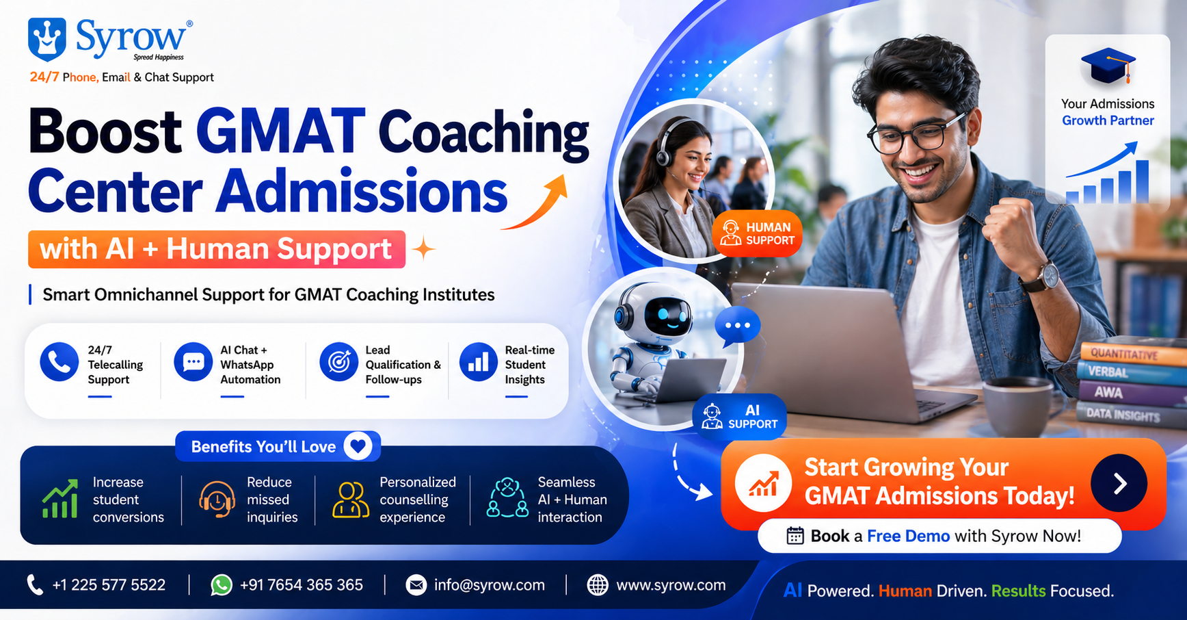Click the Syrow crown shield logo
(47, 39)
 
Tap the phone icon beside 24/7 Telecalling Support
(59, 362)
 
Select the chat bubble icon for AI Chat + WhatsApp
(193, 362)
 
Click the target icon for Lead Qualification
(339, 362)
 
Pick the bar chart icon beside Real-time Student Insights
(479, 362)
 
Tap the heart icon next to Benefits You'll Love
(358, 447)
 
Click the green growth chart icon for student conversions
(60, 499)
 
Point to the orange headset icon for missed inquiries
(217, 499)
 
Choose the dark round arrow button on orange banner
(1119, 483)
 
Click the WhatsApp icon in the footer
(221, 585)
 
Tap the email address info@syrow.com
(490, 585)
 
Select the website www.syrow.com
(671, 585)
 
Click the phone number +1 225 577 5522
(109, 585)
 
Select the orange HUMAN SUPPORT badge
(758, 234)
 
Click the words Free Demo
(908, 536)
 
